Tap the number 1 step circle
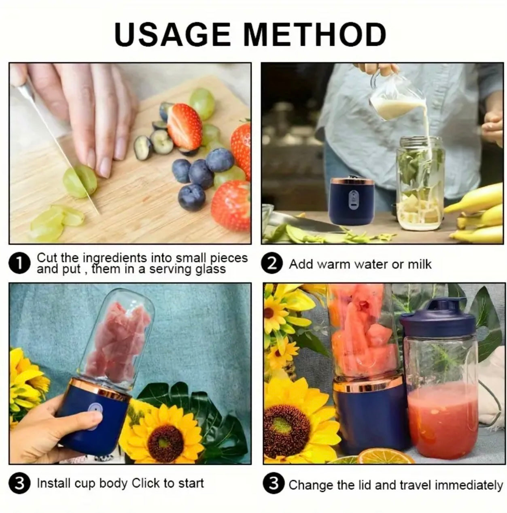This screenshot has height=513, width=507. (x=19, y=264)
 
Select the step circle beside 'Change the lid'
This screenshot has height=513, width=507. (x=274, y=484)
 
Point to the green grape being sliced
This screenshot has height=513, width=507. (x=80, y=181)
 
